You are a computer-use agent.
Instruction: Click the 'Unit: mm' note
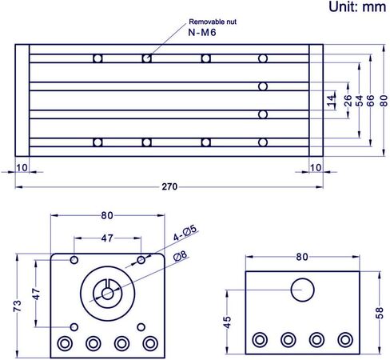(357, 6)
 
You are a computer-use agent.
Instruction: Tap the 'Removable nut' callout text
(213, 22)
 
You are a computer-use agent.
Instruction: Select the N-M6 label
(202, 33)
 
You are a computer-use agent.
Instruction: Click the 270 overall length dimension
(169, 186)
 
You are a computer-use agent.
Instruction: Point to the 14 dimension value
(331, 101)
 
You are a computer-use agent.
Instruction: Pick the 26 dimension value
(348, 101)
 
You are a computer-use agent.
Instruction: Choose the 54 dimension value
(359, 101)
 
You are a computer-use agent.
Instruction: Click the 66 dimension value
(370, 101)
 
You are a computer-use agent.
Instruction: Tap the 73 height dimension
(17, 306)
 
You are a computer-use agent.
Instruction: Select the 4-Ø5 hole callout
(185, 233)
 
